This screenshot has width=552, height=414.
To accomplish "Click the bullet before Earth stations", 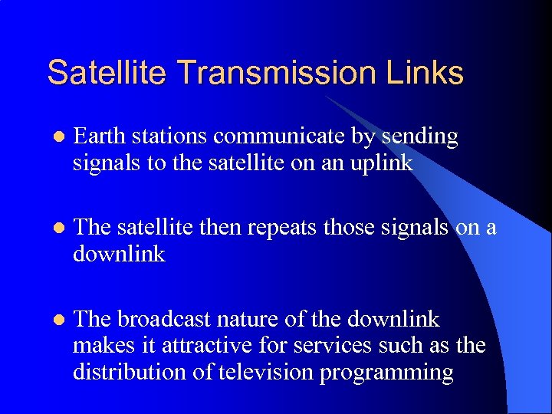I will coord(55,138).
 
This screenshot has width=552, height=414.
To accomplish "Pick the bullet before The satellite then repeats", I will coord(55,228).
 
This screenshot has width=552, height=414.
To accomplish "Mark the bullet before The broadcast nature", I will coord(55,320).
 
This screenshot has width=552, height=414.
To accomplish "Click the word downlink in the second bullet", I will coord(119,253).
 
